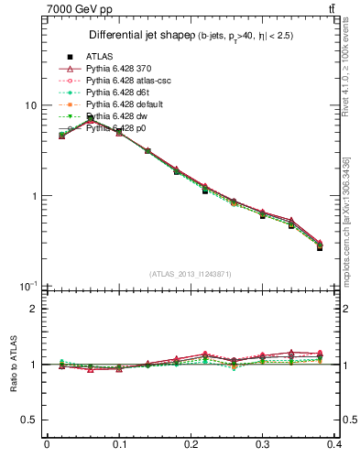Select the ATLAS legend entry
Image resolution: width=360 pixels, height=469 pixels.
(x=99, y=56)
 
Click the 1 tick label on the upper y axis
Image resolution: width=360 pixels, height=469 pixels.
(x=32, y=196)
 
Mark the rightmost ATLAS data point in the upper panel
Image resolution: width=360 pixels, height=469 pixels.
(x=320, y=247)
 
